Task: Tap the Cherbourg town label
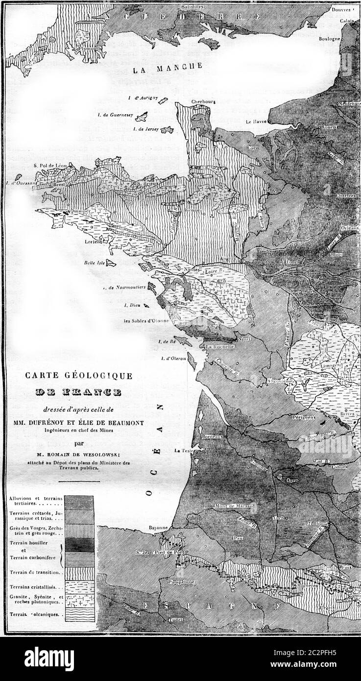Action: (x=204, y=102)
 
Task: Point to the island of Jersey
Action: (x=167, y=130)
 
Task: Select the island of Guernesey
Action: (x=142, y=117)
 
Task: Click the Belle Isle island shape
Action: (x=110, y=263)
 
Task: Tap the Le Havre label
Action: (x=255, y=121)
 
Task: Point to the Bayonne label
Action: (x=159, y=528)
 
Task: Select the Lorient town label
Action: (x=93, y=242)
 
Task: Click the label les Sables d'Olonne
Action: (x=146, y=321)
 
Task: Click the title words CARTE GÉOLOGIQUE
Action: (x=78, y=376)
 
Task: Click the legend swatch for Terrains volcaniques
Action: (x=79, y=614)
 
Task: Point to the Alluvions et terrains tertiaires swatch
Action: (x=79, y=502)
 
